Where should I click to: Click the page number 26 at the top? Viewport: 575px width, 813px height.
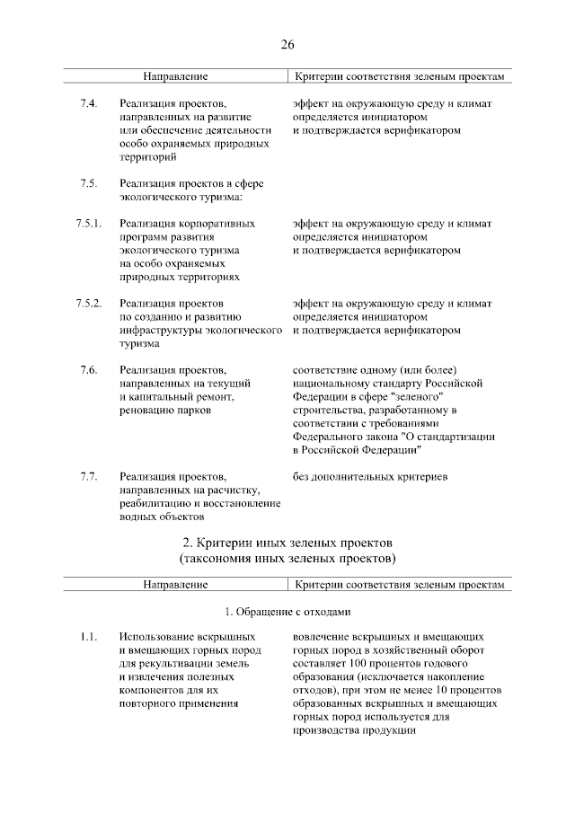pyautogui.click(x=287, y=44)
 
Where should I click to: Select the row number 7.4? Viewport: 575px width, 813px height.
pyautogui.click(x=88, y=105)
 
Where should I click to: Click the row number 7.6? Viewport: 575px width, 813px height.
pyautogui.click(x=88, y=370)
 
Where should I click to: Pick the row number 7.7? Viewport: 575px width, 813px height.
pyautogui.click(x=88, y=476)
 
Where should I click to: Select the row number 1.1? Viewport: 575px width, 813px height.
pyautogui.click(x=87, y=637)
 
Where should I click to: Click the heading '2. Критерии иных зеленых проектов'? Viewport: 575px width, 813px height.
pyautogui.click(x=287, y=543)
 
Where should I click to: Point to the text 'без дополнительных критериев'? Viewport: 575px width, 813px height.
pyautogui.click(x=370, y=476)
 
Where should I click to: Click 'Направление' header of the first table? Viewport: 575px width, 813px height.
pyautogui.click(x=176, y=78)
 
